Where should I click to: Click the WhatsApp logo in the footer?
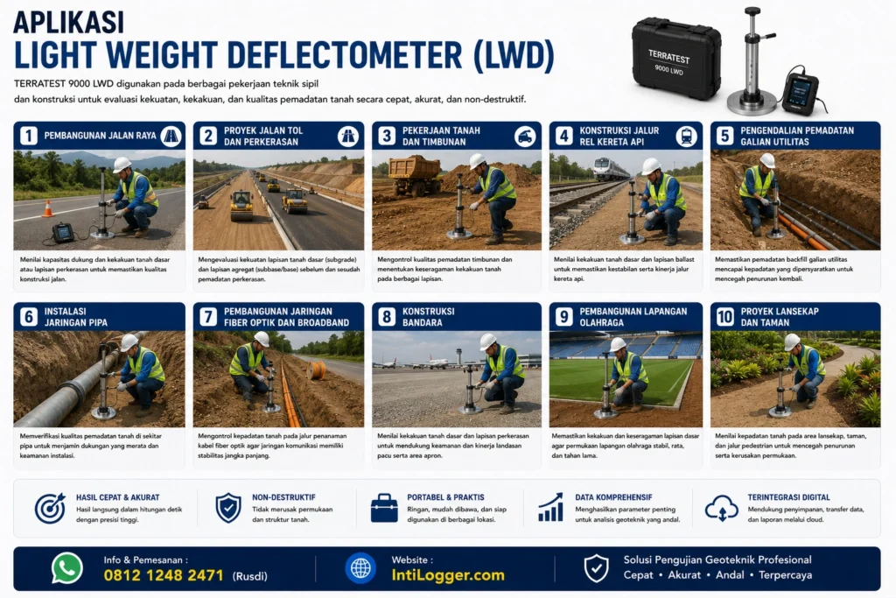tap(66, 567)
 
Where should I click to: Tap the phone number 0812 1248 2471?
tap(164, 575)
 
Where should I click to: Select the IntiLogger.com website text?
tap(448, 575)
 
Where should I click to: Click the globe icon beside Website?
tap(360, 568)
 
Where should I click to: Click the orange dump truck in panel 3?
tap(415, 174)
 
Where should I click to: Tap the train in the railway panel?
tap(611, 169)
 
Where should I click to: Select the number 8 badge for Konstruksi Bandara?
tap(387, 317)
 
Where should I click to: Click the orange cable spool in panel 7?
tap(316, 370)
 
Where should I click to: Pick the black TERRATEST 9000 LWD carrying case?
tap(676, 58)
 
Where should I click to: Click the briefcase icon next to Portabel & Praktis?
tap(384, 508)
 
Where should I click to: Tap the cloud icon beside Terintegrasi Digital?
tap(722, 508)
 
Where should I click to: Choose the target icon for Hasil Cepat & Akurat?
tap(50, 508)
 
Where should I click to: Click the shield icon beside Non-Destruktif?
tap(228, 508)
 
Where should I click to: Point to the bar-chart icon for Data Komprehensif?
tap(551, 508)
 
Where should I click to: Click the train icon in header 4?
tap(686, 136)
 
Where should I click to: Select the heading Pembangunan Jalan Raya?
tap(100, 136)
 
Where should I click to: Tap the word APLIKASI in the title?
tap(68, 22)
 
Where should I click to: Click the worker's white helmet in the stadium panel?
tap(618, 344)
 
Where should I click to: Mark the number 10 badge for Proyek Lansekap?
tap(725, 317)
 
